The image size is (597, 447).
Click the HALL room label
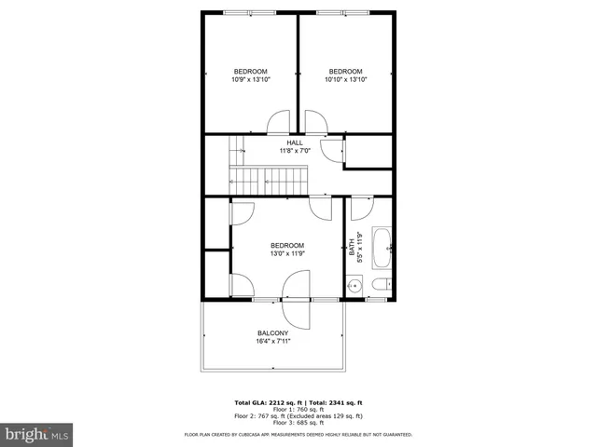point(295,142)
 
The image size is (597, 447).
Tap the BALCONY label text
point(272,332)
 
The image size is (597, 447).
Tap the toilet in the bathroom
point(381,285)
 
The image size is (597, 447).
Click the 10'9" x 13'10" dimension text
point(250,80)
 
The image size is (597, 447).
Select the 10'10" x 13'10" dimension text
point(345,80)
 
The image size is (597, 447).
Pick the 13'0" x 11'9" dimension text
point(287,253)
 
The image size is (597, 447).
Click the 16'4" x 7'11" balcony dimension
point(272,341)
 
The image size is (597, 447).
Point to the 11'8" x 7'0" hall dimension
point(295,151)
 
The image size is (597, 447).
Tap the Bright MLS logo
point(36,434)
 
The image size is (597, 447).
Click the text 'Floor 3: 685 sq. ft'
point(298,424)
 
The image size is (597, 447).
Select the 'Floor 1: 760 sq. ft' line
point(298,410)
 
